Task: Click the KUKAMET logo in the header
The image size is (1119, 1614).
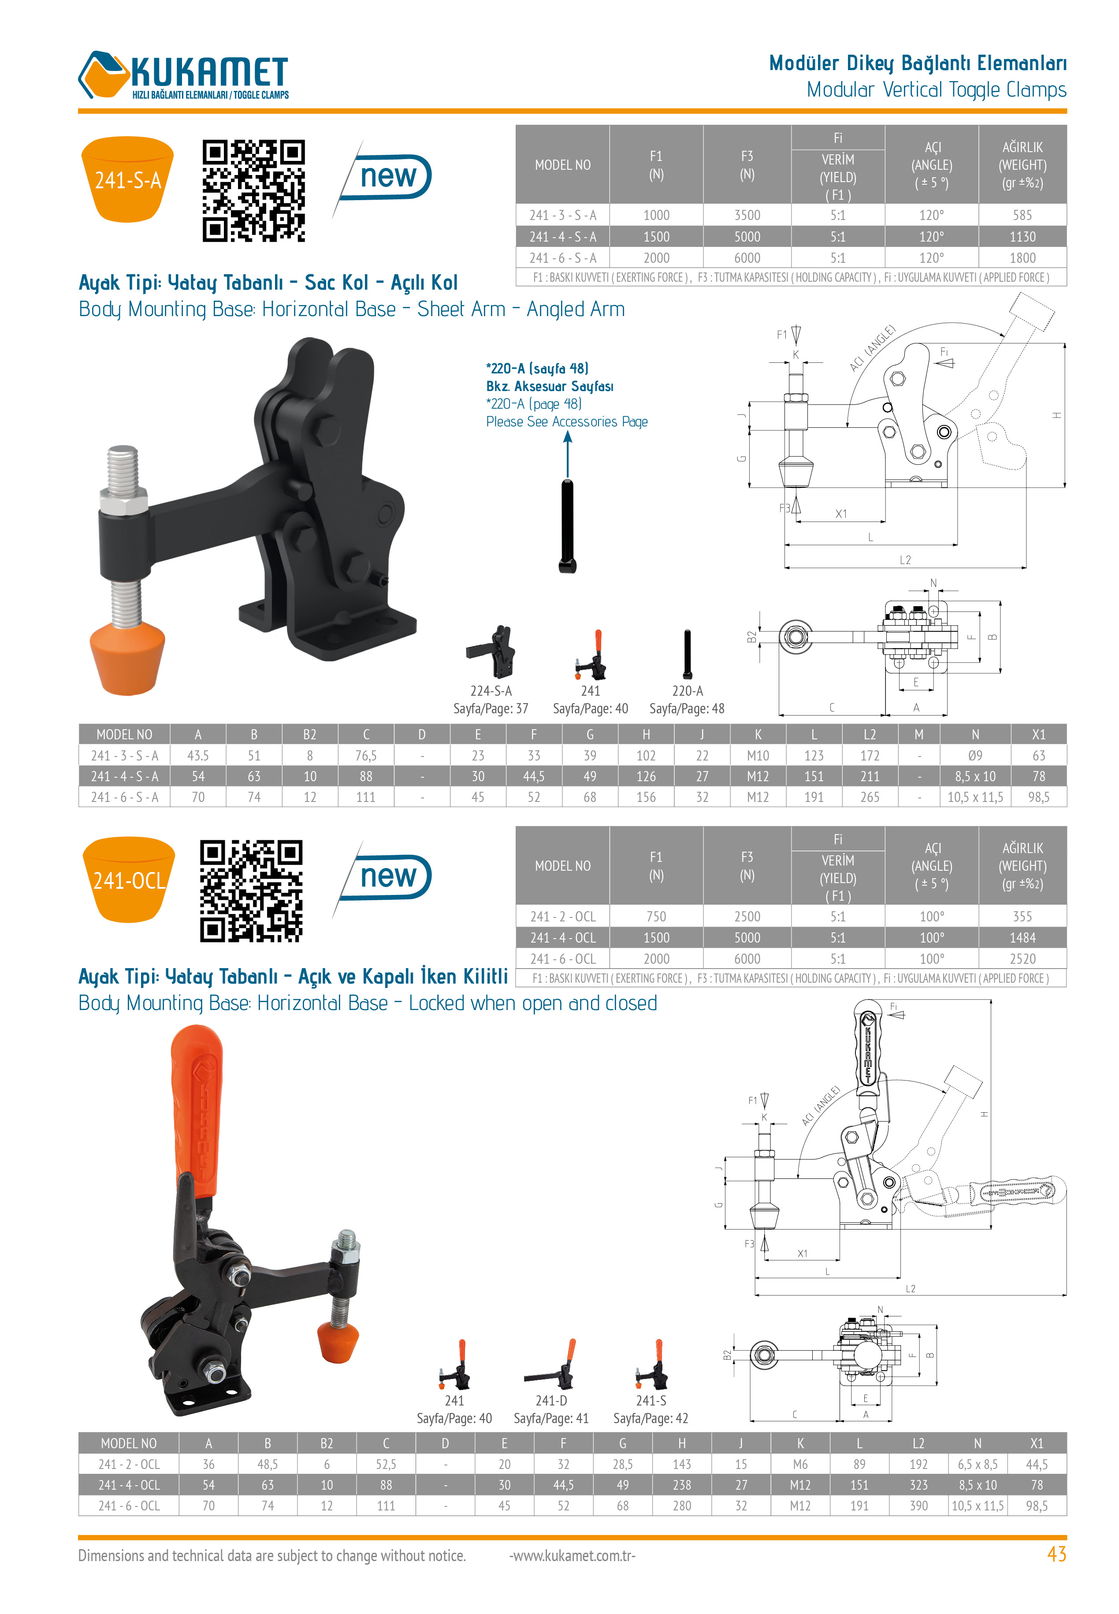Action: pyautogui.click(x=184, y=75)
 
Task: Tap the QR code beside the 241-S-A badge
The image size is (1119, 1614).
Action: pyautogui.click(x=254, y=191)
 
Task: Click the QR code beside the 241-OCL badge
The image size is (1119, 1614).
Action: pyautogui.click(x=251, y=891)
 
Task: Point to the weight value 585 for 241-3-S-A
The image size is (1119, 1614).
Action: pyautogui.click(x=1022, y=215)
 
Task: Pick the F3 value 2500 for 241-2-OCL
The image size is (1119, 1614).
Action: pyautogui.click(x=747, y=917)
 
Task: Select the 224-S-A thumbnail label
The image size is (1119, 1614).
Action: pyautogui.click(x=491, y=691)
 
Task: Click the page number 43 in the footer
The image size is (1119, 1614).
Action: pyautogui.click(x=1056, y=1555)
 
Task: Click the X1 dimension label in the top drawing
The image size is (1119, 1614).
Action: pyautogui.click(x=840, y=514)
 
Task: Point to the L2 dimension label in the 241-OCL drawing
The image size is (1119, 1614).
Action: pyautogui.click(x=910, y=1289)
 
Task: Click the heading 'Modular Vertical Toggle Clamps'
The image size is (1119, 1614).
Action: pyautogui.click(x=936, y=90)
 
